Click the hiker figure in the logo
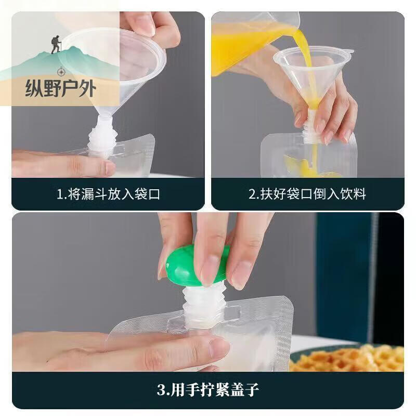click(x=55, y=45)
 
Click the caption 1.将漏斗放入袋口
click(x=108, y=194)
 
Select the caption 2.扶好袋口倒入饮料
click(x=307, y=194)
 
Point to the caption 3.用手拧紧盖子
click(x=208, y=389)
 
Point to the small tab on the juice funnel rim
click(x=350, y=52)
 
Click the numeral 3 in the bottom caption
click(x=161, y=389)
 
